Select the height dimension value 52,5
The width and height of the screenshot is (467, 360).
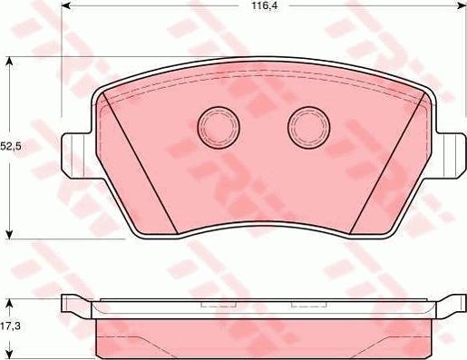click(x=11, y=144)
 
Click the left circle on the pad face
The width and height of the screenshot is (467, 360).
click(x=216, y=125)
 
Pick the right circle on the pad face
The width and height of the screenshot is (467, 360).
click(x=306, y=126)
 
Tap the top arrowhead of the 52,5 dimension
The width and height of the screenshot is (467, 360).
click(x=9, y=61)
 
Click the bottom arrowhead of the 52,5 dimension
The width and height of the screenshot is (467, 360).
click(x=9, y=233)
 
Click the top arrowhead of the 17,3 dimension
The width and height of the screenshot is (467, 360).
click(x=9, y=300)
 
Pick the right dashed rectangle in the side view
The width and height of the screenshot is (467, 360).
click(x=306, y=306)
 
